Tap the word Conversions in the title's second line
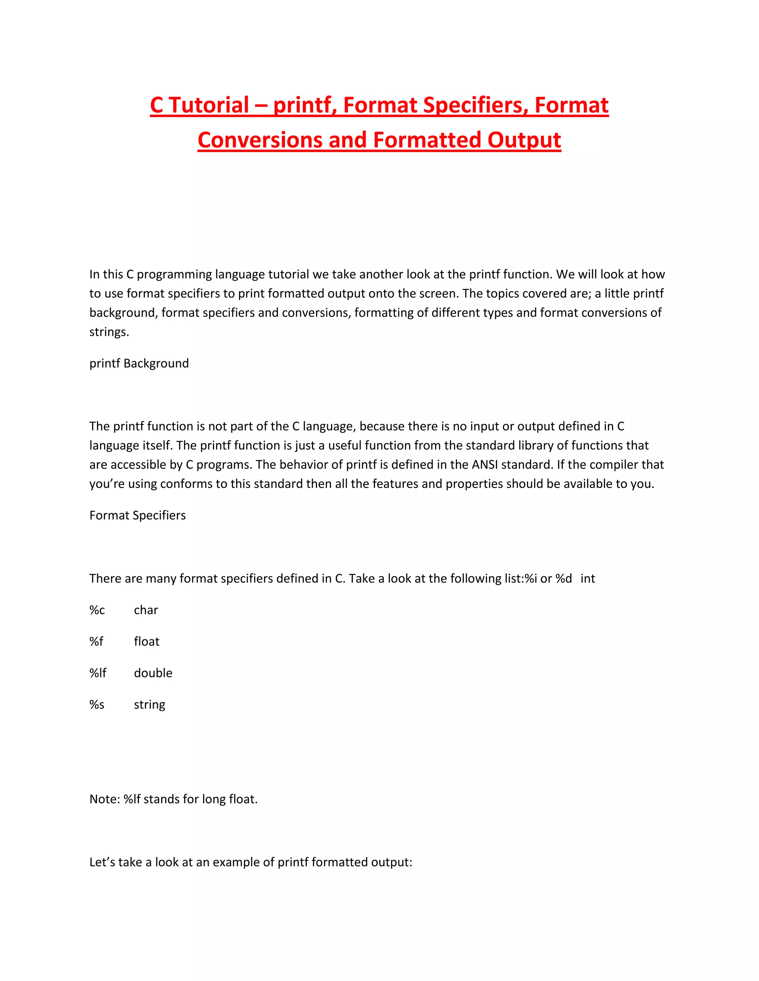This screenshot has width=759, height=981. coord(259,140)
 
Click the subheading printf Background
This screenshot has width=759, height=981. coord(139,364)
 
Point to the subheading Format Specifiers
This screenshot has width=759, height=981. coord(137,515)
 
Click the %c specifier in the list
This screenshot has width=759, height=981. coord(97,610)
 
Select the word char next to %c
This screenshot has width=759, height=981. coord(146,610)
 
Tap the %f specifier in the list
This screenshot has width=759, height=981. coord(96,642)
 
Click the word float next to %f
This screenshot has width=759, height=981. coord(147,642)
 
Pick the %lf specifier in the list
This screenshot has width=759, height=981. coord(97,673)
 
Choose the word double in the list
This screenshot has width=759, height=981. coord(153,673)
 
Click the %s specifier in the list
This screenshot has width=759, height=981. coord(97,704)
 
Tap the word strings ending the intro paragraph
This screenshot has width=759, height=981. coord(109,332)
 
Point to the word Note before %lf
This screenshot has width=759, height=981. coord(104,799)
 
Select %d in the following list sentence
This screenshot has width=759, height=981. coord(563,579)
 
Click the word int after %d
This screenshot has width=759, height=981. coord(587,579)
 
